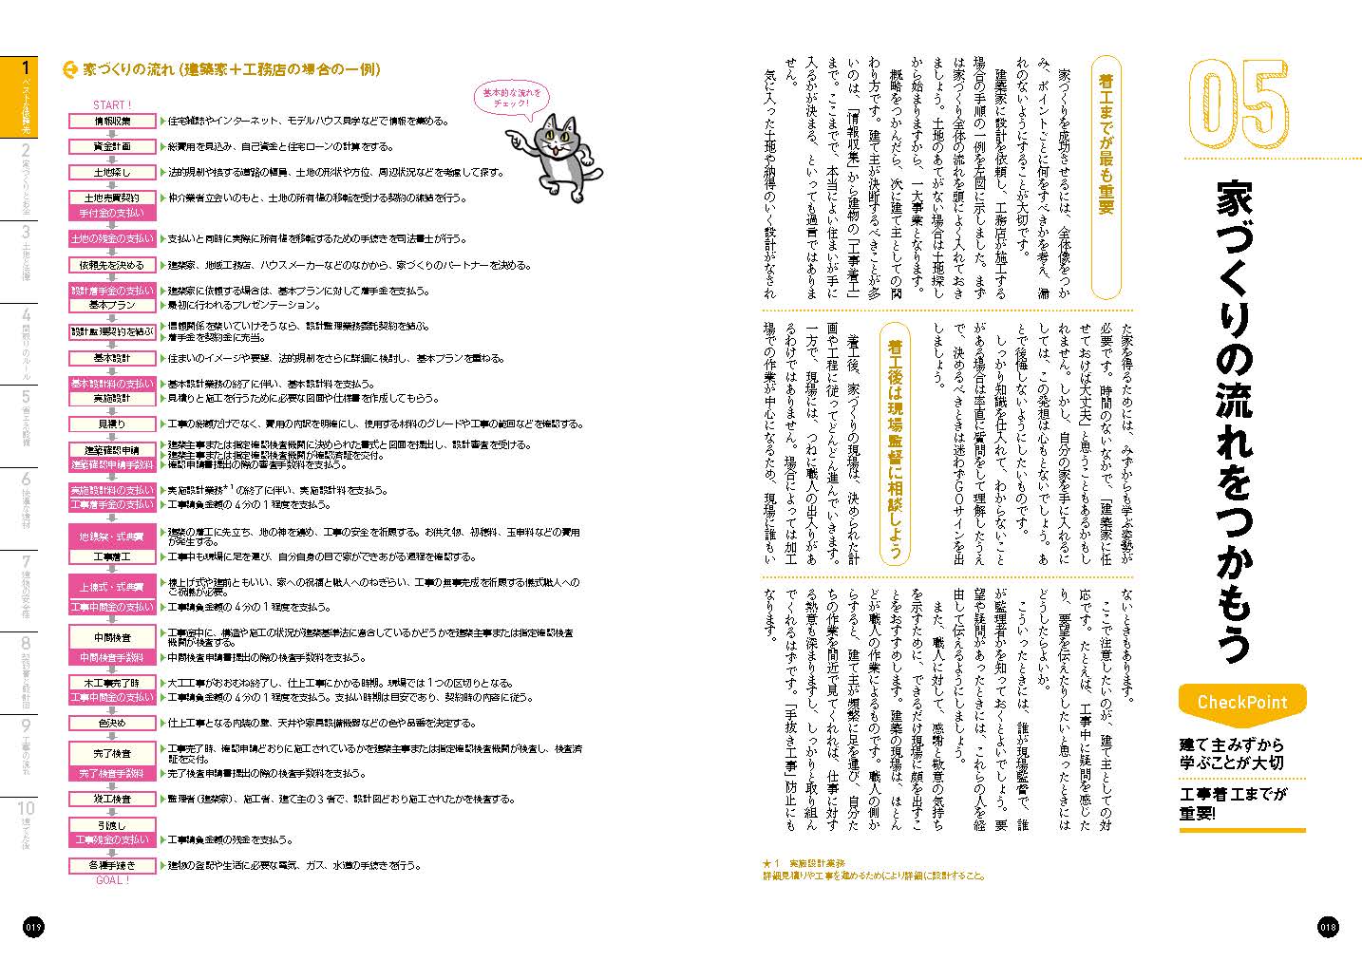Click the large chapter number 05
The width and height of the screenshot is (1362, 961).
click(1239, 105)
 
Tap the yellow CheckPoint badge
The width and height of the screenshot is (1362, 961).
click(1242, 703)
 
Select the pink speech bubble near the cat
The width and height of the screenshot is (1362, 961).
click(511, 98)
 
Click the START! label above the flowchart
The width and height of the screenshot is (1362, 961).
click(112, 104)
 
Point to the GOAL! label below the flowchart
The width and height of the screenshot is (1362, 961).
click(112, 880)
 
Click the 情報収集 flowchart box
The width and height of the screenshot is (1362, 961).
click(112, 122)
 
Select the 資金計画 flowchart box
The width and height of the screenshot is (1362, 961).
click(112, 146)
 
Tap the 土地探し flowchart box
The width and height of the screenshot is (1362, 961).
click(112, 173)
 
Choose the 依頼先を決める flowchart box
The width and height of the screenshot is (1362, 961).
click(112, 265)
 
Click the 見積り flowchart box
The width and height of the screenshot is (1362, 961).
click(112, 424)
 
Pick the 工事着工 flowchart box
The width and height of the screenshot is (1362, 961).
click(112, 556)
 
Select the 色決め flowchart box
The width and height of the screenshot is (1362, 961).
click(112, 723)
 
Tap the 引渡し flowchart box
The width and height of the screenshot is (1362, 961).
click(112, 825)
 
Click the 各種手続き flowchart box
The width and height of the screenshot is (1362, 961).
click(112, 865)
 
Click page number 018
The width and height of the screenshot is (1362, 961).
click(1328, 927)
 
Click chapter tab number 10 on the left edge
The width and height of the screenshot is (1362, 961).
click(27, 816)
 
